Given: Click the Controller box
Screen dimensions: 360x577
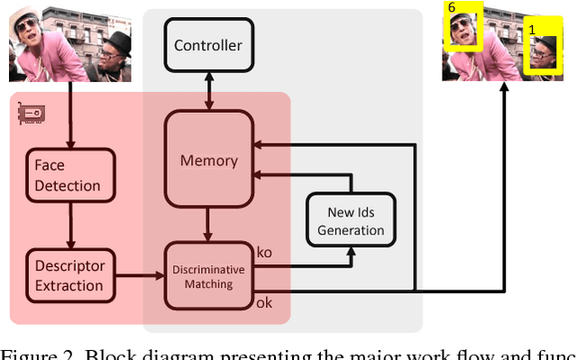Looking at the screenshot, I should tap(208, 45).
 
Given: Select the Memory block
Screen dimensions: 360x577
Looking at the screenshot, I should tap(208, 161).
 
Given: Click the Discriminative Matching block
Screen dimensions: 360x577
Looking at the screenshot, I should tap(208, 277).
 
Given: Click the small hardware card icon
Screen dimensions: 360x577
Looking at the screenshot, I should tap(32, 113).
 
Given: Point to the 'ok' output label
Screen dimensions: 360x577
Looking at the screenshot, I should tap(265, 303).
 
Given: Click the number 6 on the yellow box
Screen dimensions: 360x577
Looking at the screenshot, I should tap(452, 7).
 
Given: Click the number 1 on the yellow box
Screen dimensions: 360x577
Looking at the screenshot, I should tap(531, 30).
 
